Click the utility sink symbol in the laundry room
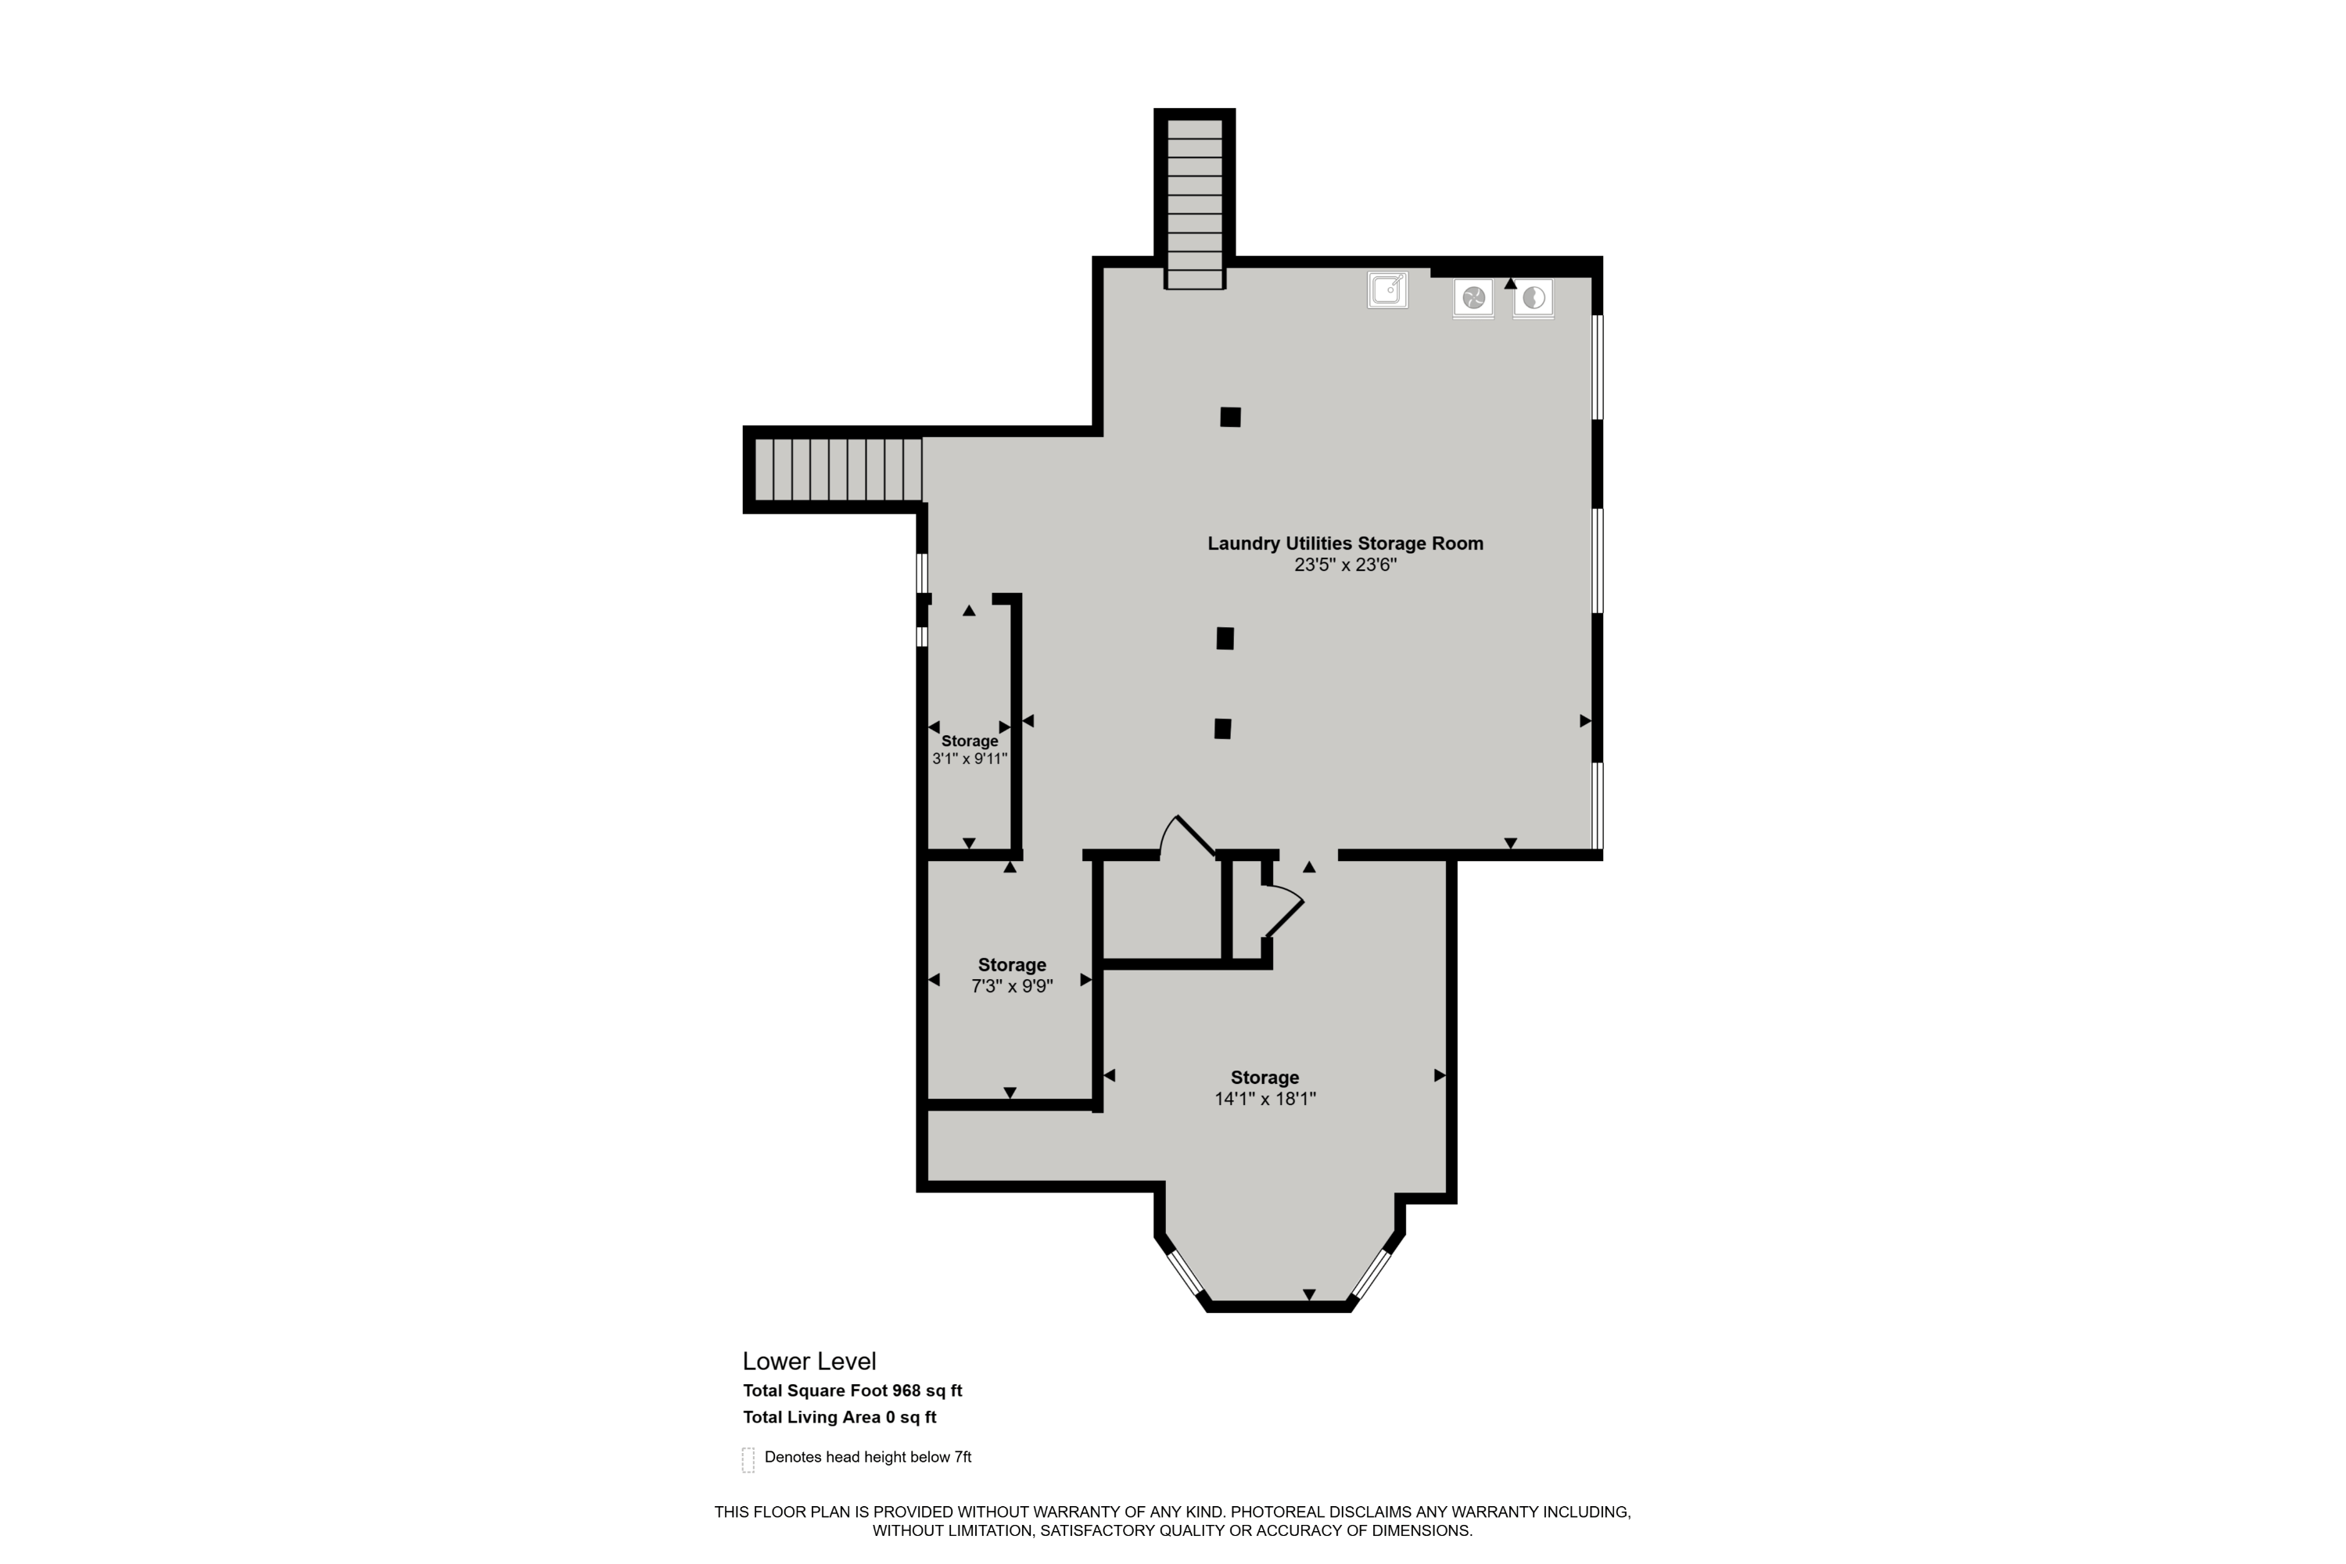coord(1386,289)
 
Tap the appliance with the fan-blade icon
coord(1473,298)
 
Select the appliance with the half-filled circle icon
coord(1533,298)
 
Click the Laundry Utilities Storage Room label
coord(1346,543)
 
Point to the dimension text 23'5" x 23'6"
coord(1346,565)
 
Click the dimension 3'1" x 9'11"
coord(970,758)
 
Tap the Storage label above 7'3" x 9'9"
coord(1011,964)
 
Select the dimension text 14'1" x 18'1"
coord(1264,1099)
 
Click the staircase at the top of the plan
coord(1194,203)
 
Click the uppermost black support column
coord(1230,417)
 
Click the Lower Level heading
coord(809,1361)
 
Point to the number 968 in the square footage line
coord(906,1390)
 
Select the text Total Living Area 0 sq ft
coord(839,1417)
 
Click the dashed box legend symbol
coord(748,1459)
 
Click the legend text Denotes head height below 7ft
coord(868,1458)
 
